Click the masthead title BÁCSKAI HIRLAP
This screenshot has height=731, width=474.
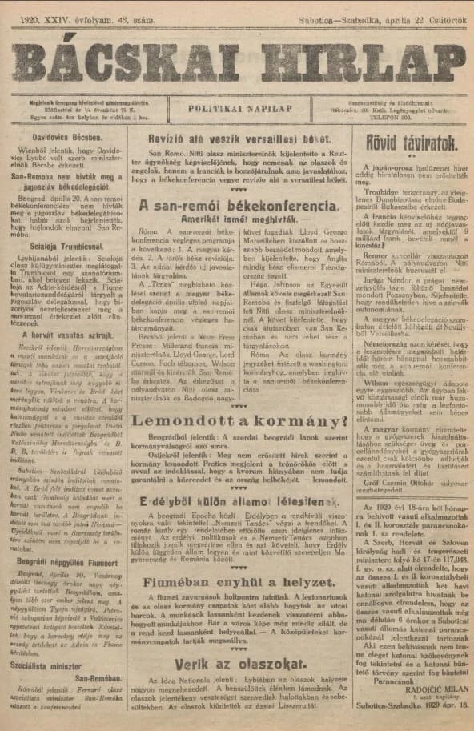tap(237, 61)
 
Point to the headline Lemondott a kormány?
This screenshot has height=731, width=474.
tap(236, 420)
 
